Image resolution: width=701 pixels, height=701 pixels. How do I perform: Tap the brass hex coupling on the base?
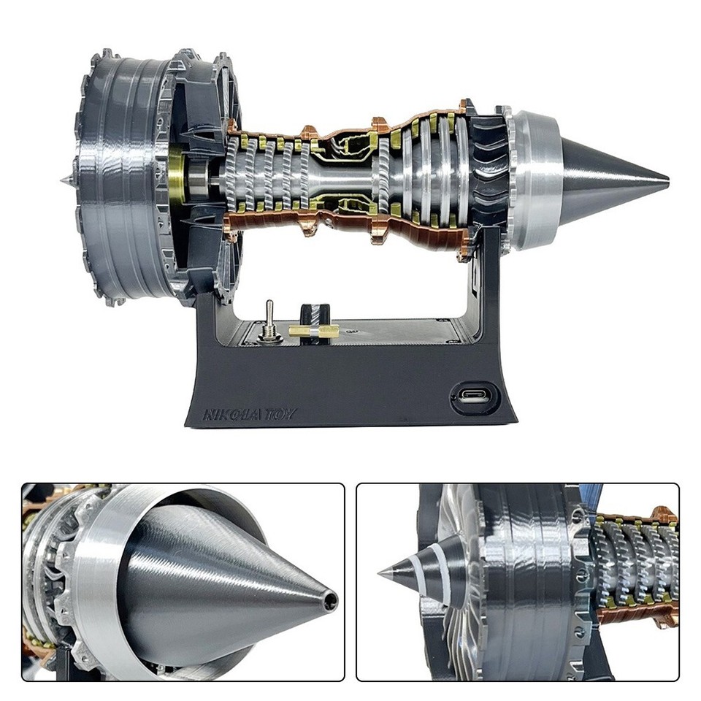pyautogui.click(x=313, y=331)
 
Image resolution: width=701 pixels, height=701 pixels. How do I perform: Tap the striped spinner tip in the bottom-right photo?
pyautogui.click(x=385, y=571)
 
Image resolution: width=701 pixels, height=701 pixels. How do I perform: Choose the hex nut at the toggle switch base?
pyautogui.click(x=269, y=334)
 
